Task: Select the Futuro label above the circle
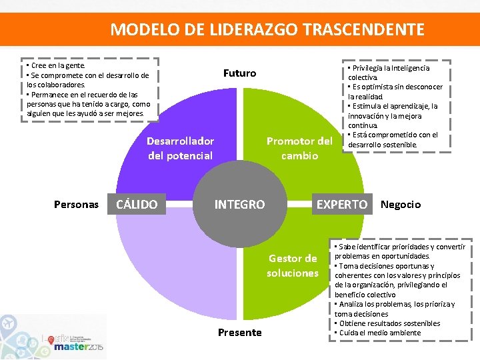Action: tap(239, 73)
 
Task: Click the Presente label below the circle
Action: tap(239, 332)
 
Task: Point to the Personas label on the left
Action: tap(76, 205)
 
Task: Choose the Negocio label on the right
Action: tap(401, 205)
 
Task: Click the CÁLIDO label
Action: tap(137, 205)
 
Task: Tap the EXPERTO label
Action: tap(341, 205)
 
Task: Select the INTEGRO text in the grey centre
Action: tap(239, 205)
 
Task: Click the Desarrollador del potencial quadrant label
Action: tap(180, 148)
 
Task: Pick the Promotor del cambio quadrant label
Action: tap(299, 148)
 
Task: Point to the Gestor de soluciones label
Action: tap(293, 265)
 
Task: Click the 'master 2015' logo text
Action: tap(79, 347)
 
